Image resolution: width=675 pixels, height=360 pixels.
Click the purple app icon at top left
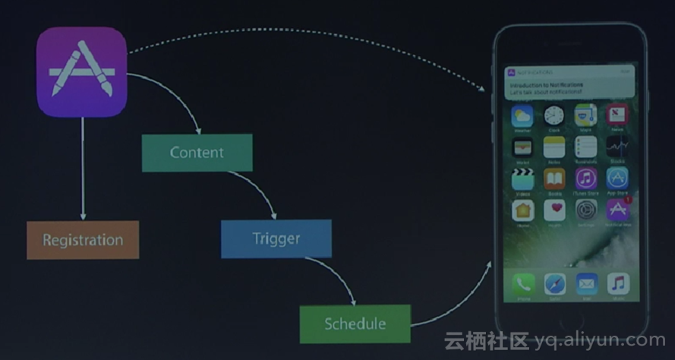point(82,72)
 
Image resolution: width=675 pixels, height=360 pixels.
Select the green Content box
point(197,153)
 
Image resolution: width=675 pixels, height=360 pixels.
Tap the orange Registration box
point(83,240)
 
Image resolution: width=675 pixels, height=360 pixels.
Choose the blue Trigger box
point(276,238)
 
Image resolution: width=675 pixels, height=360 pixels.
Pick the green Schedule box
point(355,324)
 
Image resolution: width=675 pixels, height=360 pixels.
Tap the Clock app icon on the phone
point(554,116)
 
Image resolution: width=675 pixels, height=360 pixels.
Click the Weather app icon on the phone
point(522,116)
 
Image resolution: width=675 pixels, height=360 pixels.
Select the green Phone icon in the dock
point(522,285)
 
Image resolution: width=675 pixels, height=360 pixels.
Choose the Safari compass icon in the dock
point(554,285)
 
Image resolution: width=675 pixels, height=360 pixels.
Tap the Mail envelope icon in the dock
point(586,285)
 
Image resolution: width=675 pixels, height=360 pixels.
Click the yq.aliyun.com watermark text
point(600,340)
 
